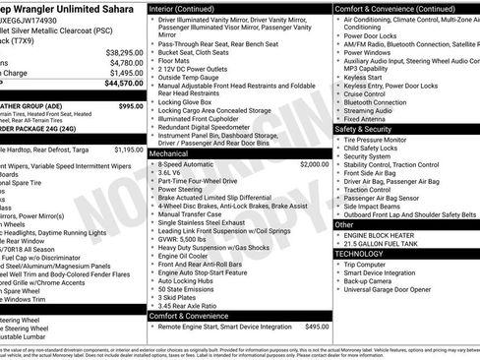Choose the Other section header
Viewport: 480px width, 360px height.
(x=345, y=224)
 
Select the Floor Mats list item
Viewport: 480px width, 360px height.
(x=176, y=61)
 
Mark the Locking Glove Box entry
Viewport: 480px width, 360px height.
(x=186, y=101)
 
